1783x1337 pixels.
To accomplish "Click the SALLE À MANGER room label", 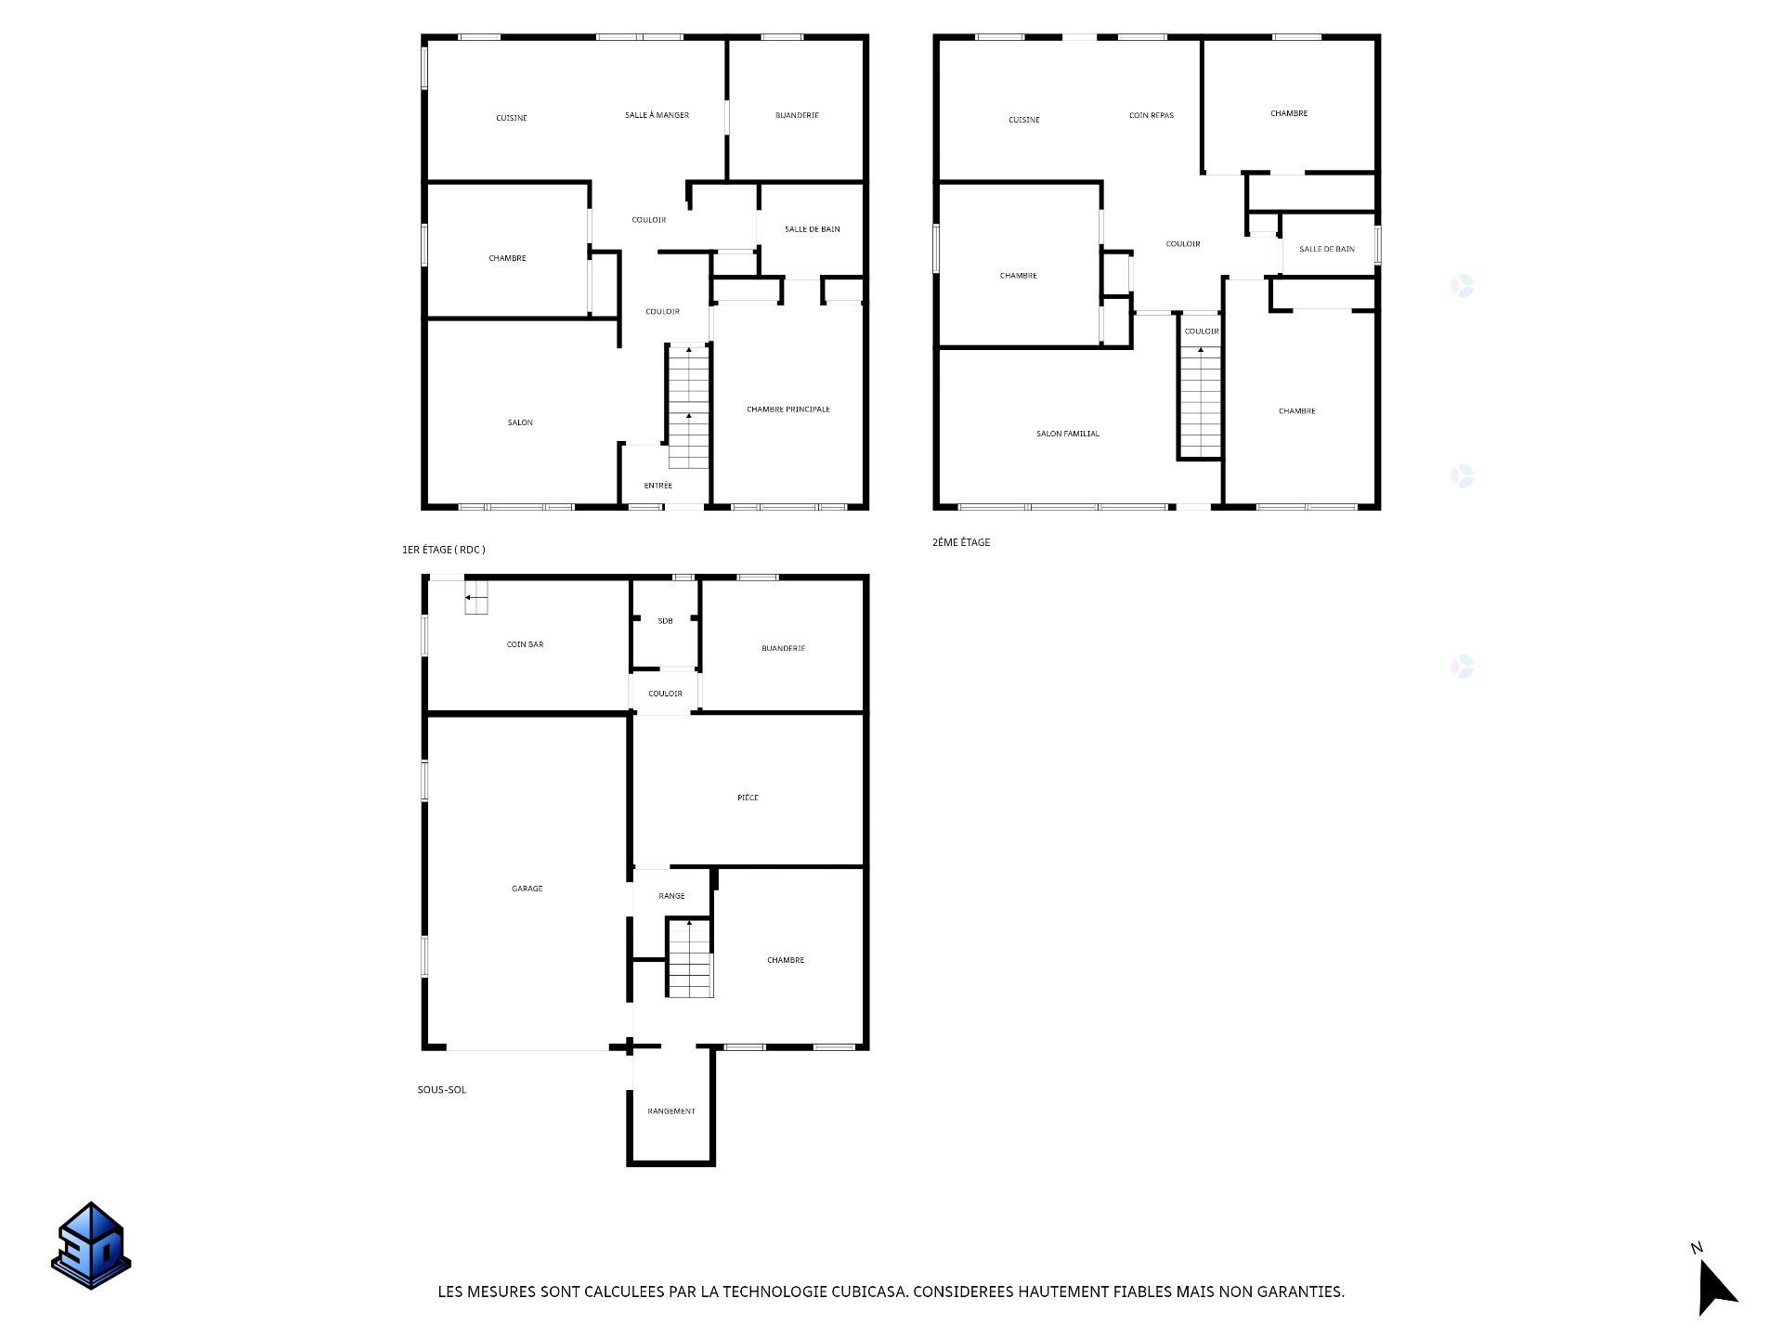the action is [657, 115].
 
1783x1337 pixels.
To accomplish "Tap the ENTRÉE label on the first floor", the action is [658, 486].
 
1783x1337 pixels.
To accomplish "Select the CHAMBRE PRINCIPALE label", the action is [788, 409].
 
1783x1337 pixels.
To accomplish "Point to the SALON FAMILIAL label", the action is [1068, 434].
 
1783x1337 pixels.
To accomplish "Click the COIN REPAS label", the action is [1152, 116].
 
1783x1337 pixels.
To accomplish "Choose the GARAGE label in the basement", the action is [527, 889].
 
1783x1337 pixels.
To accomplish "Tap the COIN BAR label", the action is [526, 644].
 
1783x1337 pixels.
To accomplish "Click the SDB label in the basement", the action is [665, 621].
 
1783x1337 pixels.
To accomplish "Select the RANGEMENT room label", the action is [671, 1111].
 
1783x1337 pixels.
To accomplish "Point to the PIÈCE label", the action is [748, 798].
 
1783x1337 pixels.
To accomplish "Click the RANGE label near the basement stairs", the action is [671, 896].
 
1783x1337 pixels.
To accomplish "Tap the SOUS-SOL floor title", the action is [442, 1090].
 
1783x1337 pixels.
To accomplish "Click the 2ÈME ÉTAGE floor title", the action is [961, 542].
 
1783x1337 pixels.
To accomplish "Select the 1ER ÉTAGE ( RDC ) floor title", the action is [444, 550].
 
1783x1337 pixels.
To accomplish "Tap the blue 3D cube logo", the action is [91, 1246].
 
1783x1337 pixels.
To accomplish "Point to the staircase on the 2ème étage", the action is [1201, 402].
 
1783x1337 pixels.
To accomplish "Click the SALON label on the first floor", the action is [520, 422].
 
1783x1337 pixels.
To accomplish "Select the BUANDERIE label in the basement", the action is [783, 648].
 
